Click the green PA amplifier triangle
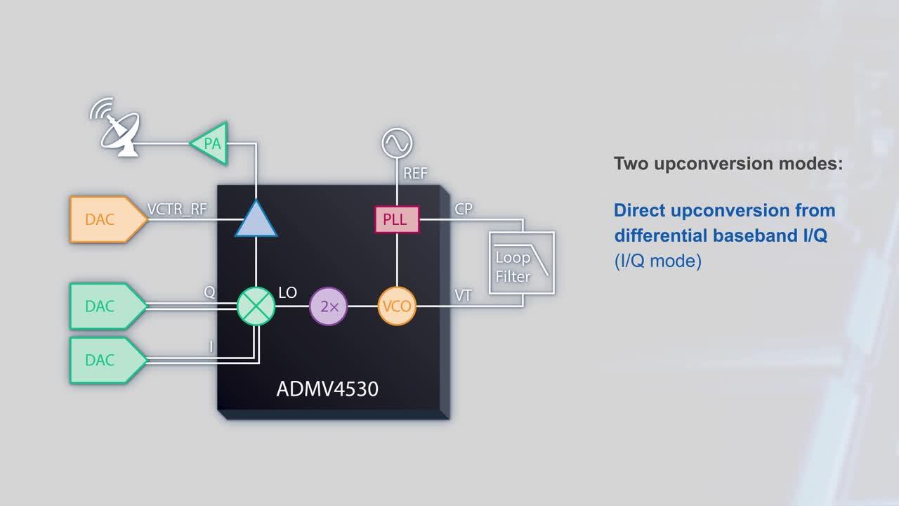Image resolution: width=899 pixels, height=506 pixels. [x=209, y=143]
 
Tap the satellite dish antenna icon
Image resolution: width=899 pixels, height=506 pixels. [x=115, y=127]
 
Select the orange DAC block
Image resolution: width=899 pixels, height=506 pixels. [x=108, y=219]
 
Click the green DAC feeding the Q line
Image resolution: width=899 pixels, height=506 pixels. [x=108, y=306]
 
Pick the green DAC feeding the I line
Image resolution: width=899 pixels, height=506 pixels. [x=108, y=361]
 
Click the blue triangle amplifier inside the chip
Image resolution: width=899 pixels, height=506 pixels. [x=256, y=218]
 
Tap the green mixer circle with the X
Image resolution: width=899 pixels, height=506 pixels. [x=256, y=306]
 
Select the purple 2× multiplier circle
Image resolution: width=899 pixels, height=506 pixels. [x=328, y=306]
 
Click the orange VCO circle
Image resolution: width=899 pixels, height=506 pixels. [x=397, y=306]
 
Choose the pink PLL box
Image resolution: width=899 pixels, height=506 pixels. [x=397, y=220]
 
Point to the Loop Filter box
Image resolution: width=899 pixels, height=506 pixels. [x=522, y=263]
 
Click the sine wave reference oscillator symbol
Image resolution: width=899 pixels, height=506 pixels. [x=397, y=143]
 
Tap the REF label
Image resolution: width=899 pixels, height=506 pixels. [x=415, y=174]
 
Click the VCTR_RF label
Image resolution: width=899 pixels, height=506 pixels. [x=177, y=209]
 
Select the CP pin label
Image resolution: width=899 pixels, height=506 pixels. [x=464, y=209]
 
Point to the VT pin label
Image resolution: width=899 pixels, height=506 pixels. [x=463, y=296]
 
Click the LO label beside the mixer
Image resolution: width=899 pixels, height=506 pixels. [x=288, y=293]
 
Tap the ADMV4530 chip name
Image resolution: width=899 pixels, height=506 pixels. [x=327, y=389]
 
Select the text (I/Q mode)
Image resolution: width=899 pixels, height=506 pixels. [x=658, y=261]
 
